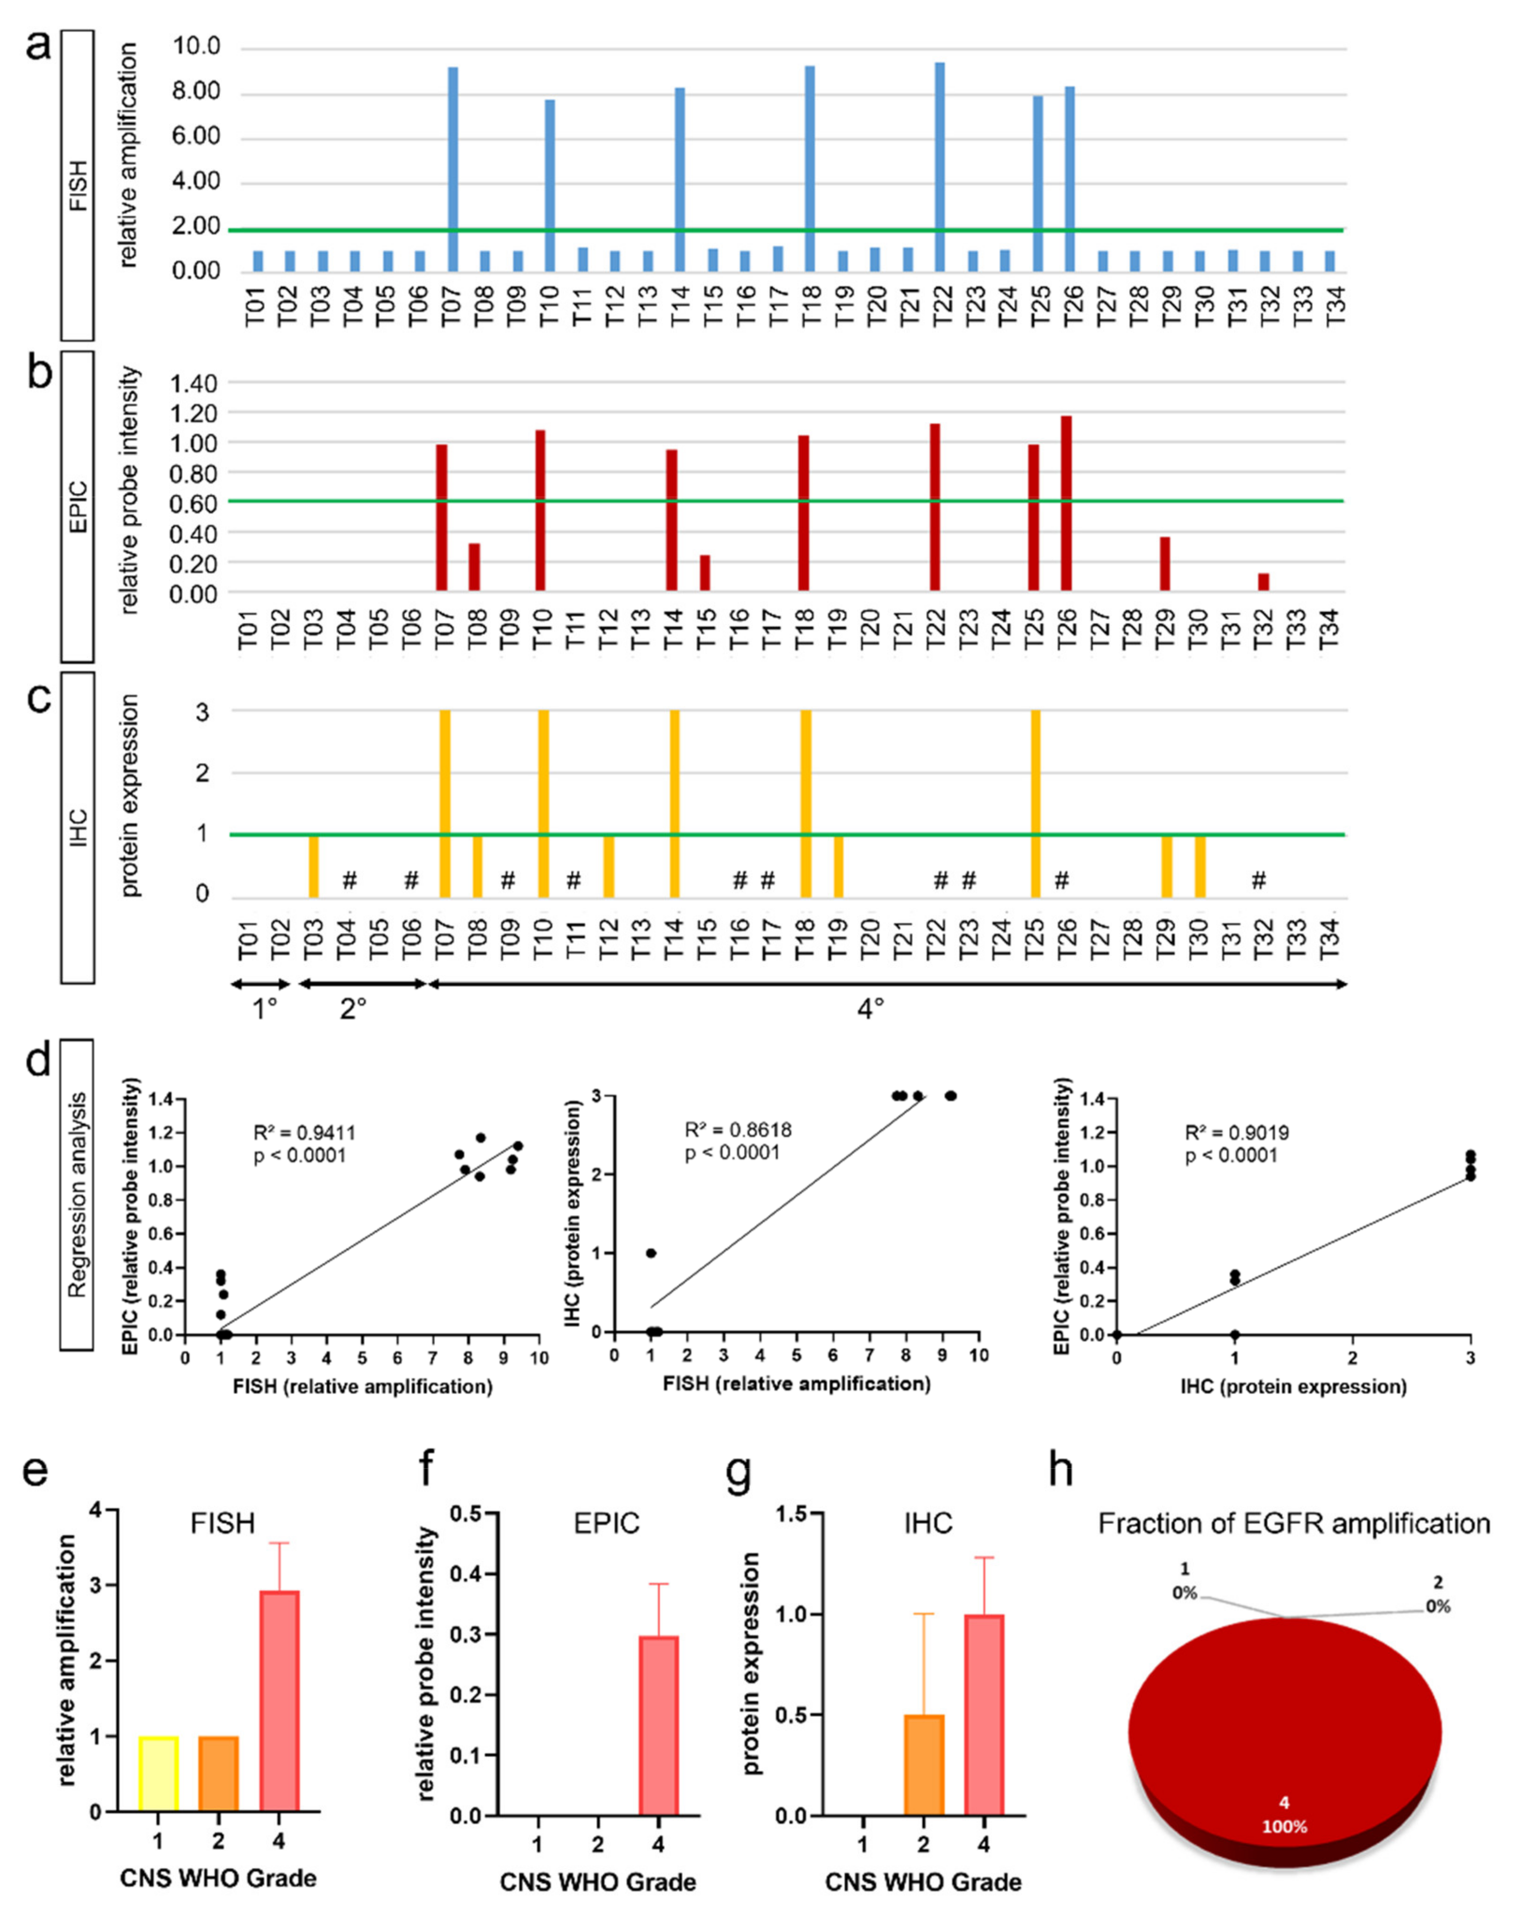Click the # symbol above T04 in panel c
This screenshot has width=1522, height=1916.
(x=349, y=881)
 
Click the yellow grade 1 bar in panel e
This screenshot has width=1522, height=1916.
(x=158, y=1774)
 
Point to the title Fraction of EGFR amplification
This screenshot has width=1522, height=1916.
(x=1293, y=1524)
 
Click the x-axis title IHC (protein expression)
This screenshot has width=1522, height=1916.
(x=1293, y=1387)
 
